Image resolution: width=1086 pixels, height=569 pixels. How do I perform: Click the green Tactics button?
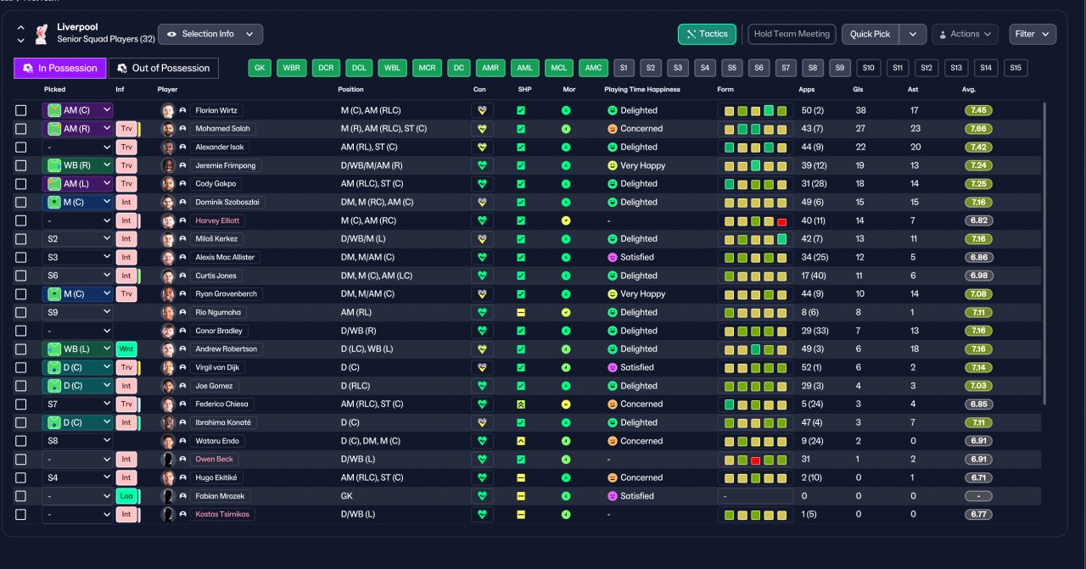pos(707,34)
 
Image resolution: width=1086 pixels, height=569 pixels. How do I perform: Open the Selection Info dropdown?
pos(210,34)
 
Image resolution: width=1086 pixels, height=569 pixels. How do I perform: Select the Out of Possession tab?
pos(164,68)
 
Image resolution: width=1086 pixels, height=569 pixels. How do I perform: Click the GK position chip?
pos(260,68)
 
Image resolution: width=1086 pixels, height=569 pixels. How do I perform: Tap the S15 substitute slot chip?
pos(1016,68)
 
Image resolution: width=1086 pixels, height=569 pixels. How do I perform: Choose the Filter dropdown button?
pos(1033,34)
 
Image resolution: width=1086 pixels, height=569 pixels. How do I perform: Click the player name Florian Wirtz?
pos(216,110)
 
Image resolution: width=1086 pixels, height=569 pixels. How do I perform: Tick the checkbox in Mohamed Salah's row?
pos(21,129)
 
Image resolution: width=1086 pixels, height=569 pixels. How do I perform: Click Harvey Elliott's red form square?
pos(781,221)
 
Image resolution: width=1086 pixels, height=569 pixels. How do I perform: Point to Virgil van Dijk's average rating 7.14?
pos(978,367)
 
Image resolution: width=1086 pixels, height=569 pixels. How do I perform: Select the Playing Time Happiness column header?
pos(642,89)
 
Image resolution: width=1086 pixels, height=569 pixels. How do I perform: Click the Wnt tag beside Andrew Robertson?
pos(126,349)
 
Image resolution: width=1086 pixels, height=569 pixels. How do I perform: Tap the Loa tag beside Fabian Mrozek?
pos(126,496)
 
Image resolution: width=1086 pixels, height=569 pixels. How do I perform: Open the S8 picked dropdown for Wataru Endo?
pos(77,441)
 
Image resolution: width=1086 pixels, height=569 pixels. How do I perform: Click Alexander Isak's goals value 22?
pos(860,147)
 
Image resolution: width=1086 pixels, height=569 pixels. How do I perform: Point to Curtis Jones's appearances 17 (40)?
pos(814,276)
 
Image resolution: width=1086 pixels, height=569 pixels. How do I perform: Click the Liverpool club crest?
pos(42,34)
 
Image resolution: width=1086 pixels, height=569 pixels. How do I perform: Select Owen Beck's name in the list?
pos(214,459)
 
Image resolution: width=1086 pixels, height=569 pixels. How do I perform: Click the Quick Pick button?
pos(870,34)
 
